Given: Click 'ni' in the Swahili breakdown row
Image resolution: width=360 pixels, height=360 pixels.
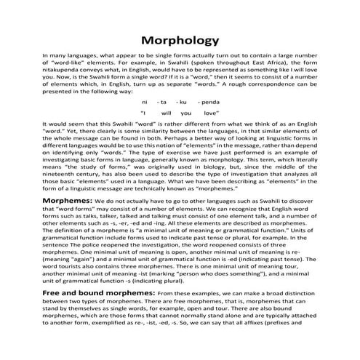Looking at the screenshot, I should [145, 103].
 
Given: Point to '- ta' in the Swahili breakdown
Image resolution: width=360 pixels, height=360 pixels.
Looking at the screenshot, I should [162, 103].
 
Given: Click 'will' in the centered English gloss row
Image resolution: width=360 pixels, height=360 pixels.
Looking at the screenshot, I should [164, 114].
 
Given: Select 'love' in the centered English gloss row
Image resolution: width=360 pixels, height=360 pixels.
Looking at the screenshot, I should [211, 114].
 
